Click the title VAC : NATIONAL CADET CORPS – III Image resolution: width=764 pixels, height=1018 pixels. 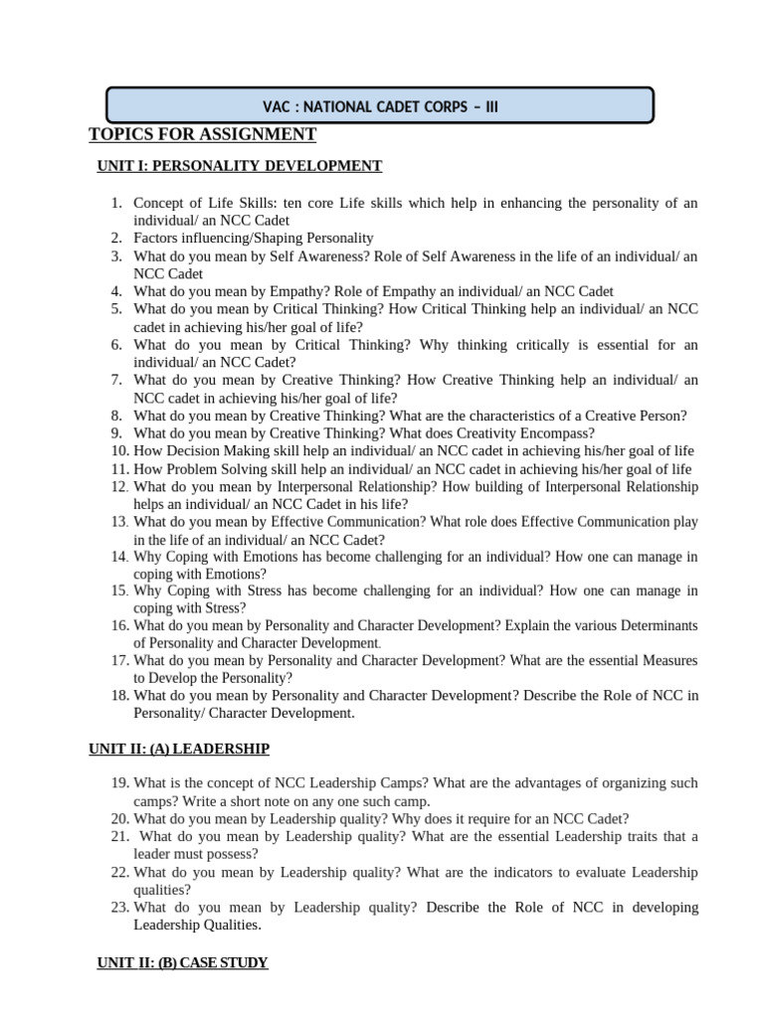click(380, 105)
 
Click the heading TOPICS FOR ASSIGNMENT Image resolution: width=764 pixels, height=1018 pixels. click(202, 134)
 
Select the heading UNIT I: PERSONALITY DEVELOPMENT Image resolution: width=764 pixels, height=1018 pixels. click(239, 165)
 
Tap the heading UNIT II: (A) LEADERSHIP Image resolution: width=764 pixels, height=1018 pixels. click(179, 748)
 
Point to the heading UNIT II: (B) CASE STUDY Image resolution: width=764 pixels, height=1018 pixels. click(182, 962)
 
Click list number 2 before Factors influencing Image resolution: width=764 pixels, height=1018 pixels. click(115, 238)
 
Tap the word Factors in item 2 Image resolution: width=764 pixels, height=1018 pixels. click(158, 238)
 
